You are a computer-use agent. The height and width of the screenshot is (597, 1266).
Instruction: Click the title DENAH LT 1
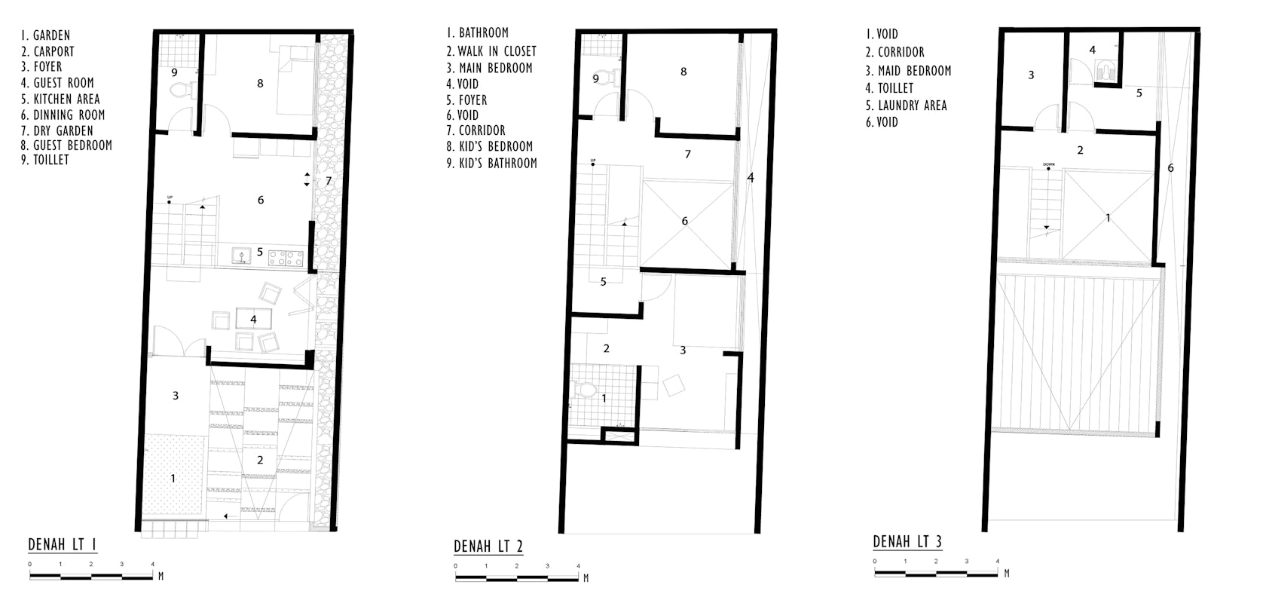tap(62, 545)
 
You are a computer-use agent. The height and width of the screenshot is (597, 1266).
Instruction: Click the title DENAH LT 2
tap(488, 546)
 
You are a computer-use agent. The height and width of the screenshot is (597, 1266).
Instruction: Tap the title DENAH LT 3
tap(907, 541)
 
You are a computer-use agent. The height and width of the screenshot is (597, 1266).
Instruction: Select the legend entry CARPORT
tap(47, 51)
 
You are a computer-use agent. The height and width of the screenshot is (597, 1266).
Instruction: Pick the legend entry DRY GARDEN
tap(57, 130)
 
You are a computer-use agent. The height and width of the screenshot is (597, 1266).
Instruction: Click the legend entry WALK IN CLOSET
tap(491, 51)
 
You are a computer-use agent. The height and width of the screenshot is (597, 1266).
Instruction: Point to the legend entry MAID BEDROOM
tap(908, 71)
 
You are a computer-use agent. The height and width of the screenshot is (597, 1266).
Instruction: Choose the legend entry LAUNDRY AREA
tap(906, 106)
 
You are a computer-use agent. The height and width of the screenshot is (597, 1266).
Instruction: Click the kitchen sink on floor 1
tap(242, 256)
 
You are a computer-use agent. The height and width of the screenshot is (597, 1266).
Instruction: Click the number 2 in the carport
tap(260, 460)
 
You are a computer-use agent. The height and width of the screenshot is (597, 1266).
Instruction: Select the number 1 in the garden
tap(173, 478)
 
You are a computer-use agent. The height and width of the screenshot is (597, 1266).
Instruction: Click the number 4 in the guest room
tap(253, 320)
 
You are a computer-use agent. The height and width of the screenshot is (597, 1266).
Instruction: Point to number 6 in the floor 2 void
tap(684, 220)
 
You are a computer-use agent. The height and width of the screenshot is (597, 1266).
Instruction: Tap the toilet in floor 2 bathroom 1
tap(586, 390)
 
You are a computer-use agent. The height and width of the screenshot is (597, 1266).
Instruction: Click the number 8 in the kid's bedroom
tap(683, 72)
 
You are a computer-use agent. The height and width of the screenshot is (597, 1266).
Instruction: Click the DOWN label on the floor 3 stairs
tap(1049, 164)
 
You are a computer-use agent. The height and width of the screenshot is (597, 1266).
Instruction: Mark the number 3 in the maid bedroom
tap(1031, 75)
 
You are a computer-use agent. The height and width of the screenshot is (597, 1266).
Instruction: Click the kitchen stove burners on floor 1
tap(286, 259)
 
